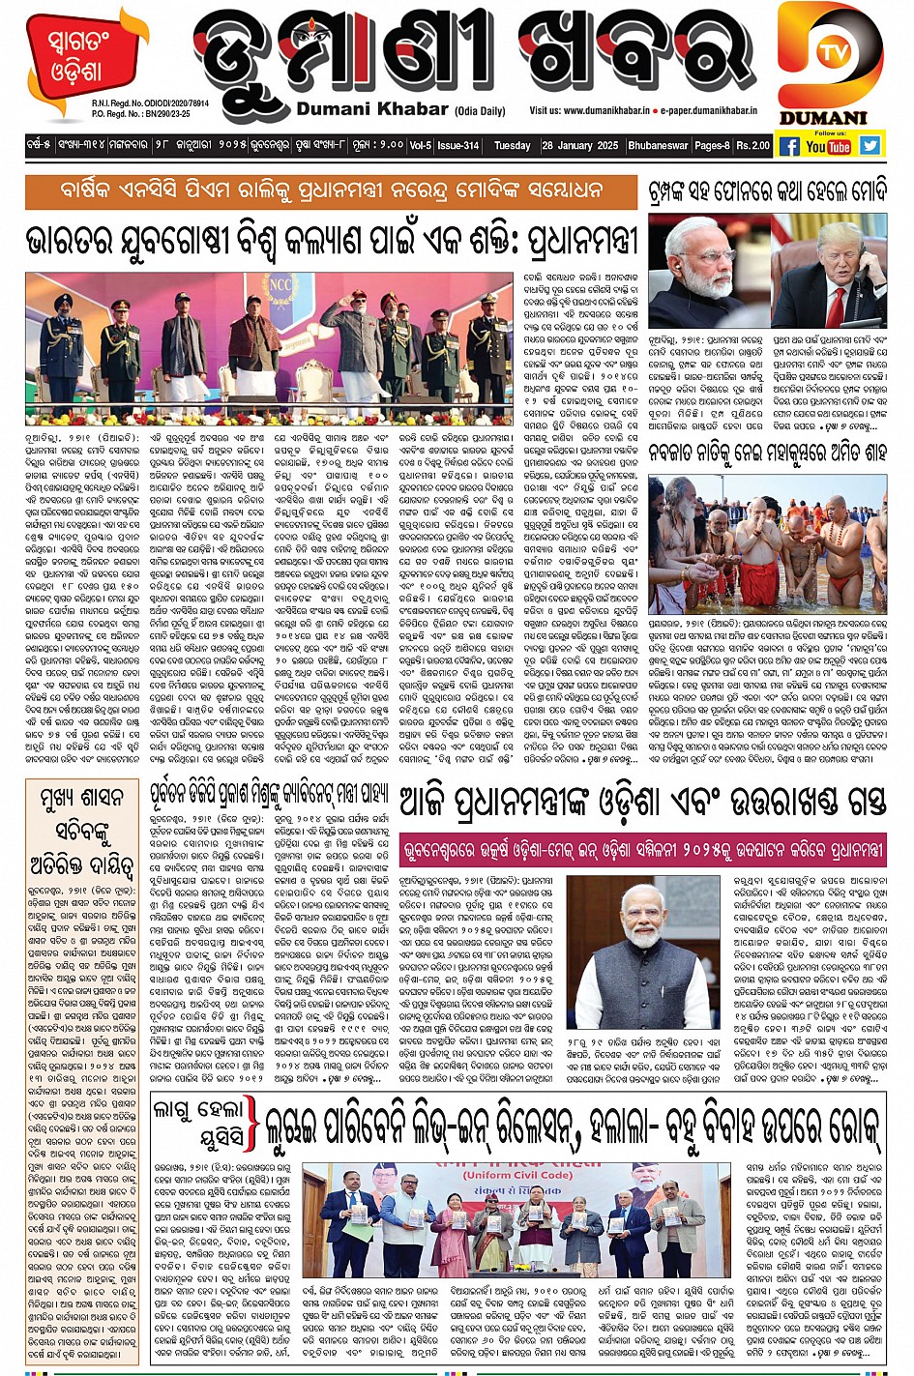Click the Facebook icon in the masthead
(789, 146)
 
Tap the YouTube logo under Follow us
(829, 146)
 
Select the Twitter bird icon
(870, 145)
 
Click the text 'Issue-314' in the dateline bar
(457, 146)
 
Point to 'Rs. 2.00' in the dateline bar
(752, 146)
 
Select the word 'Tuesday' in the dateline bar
(512, 146)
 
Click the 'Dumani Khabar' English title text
(372, 110)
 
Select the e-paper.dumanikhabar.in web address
(709, 111)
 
